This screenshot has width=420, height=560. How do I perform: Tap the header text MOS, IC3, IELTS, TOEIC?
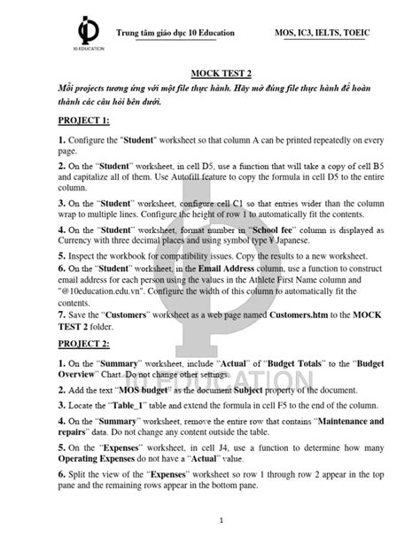[331, 33]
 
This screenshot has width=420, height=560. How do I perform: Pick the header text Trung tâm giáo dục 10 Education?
[176, 33]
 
